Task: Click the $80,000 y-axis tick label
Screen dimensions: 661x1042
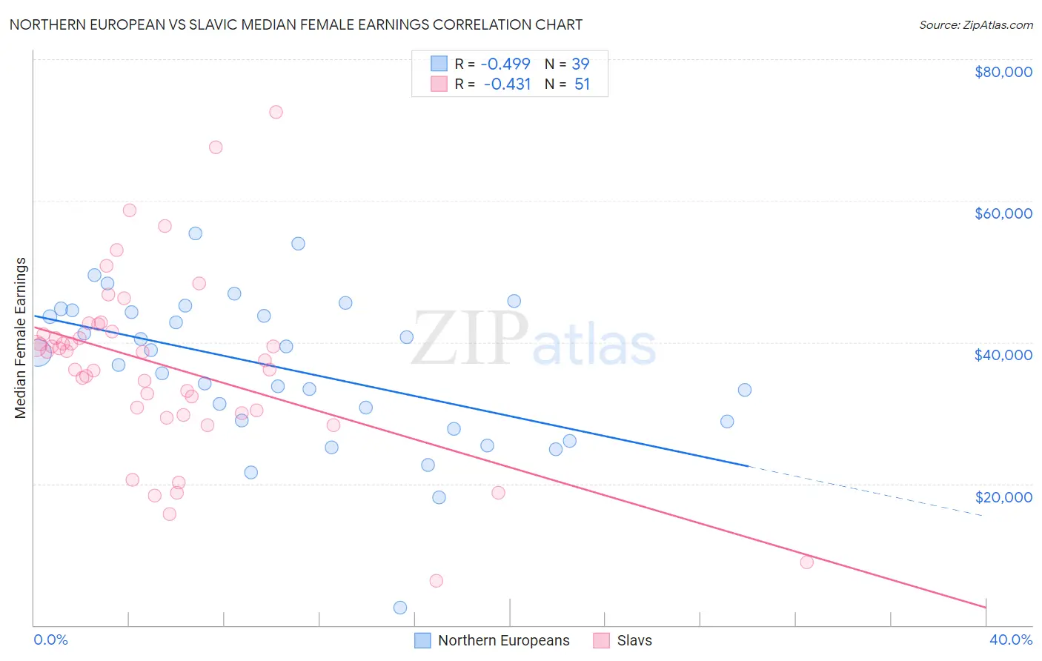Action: click(1003, 72)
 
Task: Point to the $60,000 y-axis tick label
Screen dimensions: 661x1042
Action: click(1003, 213)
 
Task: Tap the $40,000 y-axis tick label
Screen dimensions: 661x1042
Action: click(1003, 355)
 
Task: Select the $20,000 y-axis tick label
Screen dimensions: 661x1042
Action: click(1003, 496)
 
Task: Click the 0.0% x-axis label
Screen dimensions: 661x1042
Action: click(50, 640)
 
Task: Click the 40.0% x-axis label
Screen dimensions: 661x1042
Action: click(1010, 640)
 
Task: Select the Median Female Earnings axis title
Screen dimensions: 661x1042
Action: click(21, 338)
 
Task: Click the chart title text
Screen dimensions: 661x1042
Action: click(296, 24)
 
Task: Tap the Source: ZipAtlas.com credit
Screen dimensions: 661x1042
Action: click(975, 24)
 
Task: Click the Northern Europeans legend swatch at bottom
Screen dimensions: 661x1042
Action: click(422, 640)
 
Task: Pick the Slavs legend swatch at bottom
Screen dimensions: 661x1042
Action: click(601, 640)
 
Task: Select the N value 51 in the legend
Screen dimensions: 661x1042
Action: click(582, 84)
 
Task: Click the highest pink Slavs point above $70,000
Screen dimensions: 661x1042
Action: click(276, 112)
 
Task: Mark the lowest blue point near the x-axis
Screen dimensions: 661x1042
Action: click(400, 608)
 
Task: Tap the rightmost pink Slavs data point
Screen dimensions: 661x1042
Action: click(807, 562)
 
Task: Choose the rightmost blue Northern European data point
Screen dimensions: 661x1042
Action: click(745, 390)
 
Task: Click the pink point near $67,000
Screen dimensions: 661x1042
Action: click(216, 147)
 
